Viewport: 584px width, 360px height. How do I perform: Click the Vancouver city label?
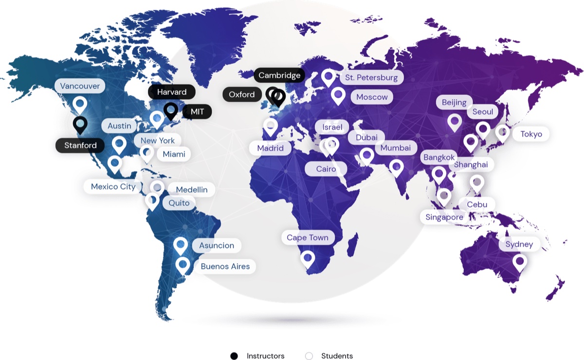tap(80, 86)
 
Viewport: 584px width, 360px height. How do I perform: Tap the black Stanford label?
tap(80, 145)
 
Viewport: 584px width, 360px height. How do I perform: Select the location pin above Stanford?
tap(80, 124)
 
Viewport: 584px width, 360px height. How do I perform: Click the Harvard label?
tap(172, 92)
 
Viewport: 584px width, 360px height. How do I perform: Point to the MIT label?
tap(197, 112)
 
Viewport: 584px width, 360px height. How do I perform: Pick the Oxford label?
tap(242, 94)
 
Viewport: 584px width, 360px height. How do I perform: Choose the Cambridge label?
tap(279, 75)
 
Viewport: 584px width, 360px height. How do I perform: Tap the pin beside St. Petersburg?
tap(328, 77)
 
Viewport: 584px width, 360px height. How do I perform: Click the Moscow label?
tap(372, 97)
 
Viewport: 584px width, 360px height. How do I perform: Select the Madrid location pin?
tap(270, 126)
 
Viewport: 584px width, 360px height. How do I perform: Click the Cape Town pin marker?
tap(307, 258)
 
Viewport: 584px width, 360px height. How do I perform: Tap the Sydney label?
tap(519, 244)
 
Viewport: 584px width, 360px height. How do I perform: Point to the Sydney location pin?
tap(520, 262)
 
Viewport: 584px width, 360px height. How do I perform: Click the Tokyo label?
tap(531, 134)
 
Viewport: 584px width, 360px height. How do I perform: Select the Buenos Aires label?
tap(225, 267)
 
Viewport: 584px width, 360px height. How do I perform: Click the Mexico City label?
tap(113, 187)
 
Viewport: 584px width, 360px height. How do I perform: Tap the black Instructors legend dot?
tap(234, 356)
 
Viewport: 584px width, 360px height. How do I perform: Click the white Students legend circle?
tap(309, 356)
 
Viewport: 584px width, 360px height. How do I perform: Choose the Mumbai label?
tap(395, 148)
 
